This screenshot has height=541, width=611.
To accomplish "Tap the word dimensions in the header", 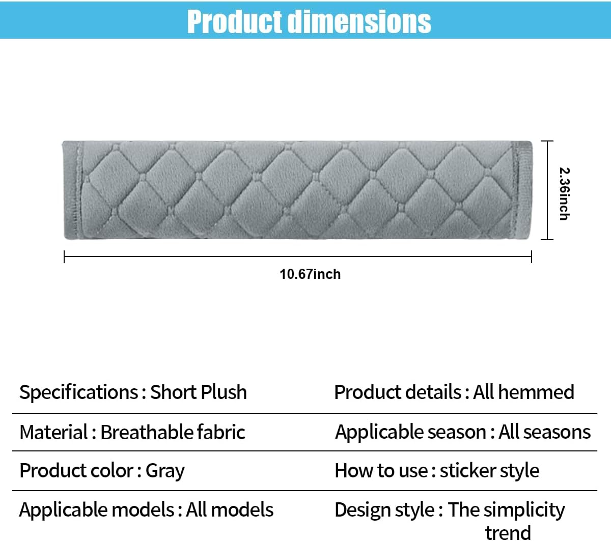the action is [359, 21].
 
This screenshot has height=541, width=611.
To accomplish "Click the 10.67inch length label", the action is [310, 274].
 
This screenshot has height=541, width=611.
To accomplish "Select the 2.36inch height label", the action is [564, 194].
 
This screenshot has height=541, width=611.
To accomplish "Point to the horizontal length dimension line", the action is [298, 257].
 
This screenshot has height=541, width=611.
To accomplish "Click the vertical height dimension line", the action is [547, 190].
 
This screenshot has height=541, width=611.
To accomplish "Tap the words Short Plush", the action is [199, 392].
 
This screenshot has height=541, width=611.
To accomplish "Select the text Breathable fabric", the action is [173, 432].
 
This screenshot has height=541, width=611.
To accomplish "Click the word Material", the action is [53, 432].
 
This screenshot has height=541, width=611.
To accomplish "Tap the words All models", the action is [230, 509].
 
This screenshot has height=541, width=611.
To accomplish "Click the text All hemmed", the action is [523, 392].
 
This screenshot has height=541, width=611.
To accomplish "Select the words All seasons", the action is [544, 432].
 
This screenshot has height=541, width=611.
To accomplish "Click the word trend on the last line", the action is [508, 533].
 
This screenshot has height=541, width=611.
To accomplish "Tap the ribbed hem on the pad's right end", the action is [523, 190].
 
